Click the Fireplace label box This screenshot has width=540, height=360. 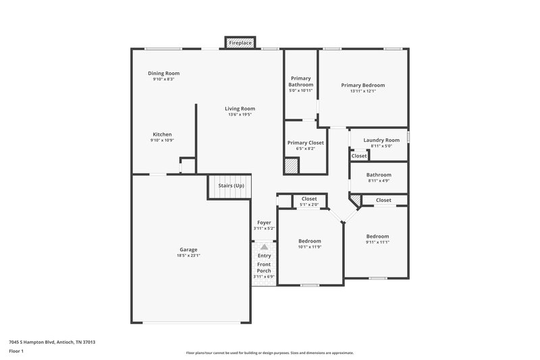coord(240,43)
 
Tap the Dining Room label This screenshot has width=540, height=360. coord(163,74)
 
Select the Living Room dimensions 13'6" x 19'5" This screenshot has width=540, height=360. coord(240,115)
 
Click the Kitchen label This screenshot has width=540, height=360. coord(162,134)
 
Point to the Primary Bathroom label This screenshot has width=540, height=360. coord(301,81)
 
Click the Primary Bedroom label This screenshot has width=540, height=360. coord(362,85)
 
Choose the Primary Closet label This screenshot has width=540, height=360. coord(306,143)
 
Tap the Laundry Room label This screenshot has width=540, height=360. coord(381,140)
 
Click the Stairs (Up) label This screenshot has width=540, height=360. coord(230,185)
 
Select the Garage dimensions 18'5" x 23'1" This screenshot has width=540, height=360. coord(188,255)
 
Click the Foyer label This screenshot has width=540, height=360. coord(264,222)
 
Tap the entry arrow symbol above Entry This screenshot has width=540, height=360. coord(264,248)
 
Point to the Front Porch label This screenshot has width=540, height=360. coord(264,267)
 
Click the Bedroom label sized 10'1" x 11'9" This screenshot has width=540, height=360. coord(310,241)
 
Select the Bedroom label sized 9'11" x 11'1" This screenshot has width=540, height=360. coord(377,236)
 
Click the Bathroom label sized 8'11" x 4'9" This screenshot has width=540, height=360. coord(379,175)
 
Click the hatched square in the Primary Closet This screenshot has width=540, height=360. coord(290,166)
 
